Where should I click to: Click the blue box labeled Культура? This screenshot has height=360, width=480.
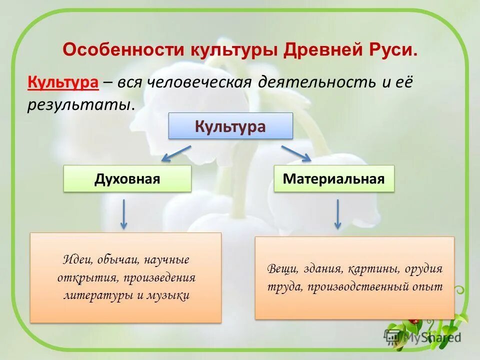[x=230, y=126]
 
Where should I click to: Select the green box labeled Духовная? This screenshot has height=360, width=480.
[x=127, y=179]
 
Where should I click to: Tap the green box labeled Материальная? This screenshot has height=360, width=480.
[x=334, y=179]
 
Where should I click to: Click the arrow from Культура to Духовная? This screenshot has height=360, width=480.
[x=176, y=153]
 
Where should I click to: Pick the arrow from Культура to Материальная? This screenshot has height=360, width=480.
[x=296, y=153]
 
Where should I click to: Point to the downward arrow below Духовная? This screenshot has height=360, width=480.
[x=123, y=214]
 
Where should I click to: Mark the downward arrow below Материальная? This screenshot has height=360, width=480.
[x=337, y=214]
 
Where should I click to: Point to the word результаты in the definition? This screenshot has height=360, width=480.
[x=80, y=104]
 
